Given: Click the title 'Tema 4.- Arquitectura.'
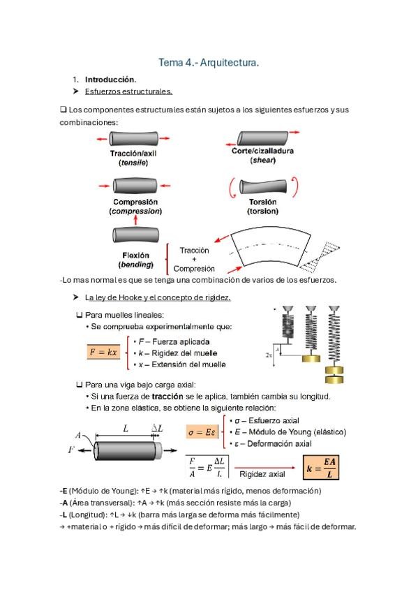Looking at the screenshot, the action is point(209,62).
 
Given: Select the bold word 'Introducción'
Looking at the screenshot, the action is point(110,80).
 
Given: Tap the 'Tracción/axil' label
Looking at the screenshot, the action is point(133,154).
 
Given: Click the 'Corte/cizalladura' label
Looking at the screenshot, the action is point(262,151).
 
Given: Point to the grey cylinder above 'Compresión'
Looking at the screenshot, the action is point(135,186).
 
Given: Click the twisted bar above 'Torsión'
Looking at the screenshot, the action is point(263,186).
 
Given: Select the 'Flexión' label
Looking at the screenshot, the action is point(136,256).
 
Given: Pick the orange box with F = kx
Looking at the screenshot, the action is point(103,353).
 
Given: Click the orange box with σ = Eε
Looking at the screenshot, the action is point(202,432).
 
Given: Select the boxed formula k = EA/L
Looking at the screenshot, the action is point(321,468).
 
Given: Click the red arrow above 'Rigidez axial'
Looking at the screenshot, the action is point(265,468).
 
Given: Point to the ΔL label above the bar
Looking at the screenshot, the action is point(157,429).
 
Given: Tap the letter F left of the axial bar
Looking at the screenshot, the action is point(71,450).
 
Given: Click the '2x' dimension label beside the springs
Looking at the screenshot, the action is point(269,355).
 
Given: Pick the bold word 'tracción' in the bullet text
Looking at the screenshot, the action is point(167,397).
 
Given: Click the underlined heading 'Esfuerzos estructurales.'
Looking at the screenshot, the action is point(128,91).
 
